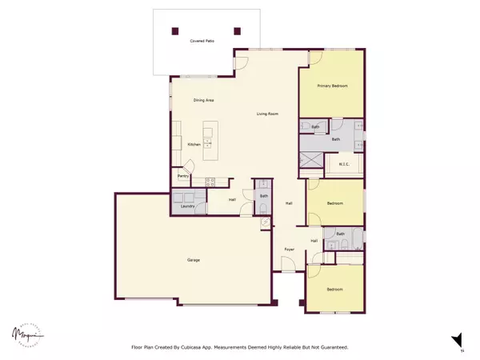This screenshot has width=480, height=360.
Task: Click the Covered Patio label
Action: [202, 39]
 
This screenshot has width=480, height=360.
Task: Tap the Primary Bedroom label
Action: [331, 86]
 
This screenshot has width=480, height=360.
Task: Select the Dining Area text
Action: [203, 100]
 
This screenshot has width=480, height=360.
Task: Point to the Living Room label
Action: [267, 114]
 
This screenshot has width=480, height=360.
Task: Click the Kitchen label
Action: [194, 144]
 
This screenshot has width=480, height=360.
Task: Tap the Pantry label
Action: [182, 177]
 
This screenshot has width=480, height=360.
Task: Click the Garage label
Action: [194, 260]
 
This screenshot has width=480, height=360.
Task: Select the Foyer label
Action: [289, 250]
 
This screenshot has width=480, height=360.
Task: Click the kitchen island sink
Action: [208, 143]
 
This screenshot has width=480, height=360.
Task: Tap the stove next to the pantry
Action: [210, 181]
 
